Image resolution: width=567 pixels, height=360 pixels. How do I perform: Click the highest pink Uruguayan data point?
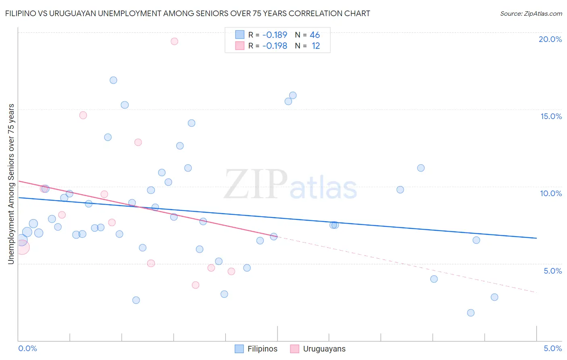tap(174, 41)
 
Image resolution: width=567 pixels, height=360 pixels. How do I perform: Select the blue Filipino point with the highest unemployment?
tap(113, 80)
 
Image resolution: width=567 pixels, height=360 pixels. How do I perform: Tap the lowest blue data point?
tap(471, 313)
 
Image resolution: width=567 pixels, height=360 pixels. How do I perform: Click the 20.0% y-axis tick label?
tap(550, 39)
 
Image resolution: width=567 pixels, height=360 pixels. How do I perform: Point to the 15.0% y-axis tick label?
tap(551, 116)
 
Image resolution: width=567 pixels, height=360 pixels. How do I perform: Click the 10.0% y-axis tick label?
tap(551, 193)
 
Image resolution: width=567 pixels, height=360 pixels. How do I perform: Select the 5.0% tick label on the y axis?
tap(552, 271)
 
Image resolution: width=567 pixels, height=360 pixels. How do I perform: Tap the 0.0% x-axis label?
tap(28, 348)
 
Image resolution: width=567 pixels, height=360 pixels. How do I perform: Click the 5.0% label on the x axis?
tap(552, 348)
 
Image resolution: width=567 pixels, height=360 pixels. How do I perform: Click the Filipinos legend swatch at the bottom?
tap(239, 349)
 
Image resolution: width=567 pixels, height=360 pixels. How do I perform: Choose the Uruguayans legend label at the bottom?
tap(324, 349)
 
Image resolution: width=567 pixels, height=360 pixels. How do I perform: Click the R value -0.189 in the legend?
tap(275, 35)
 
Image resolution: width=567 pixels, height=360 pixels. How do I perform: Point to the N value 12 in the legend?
tap(316, 46)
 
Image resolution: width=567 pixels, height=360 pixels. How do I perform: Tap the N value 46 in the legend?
tap(315, 35)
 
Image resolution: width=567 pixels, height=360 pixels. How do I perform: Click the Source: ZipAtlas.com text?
tap(531, 13)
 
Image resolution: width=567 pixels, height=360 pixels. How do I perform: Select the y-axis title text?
tap(11, 184)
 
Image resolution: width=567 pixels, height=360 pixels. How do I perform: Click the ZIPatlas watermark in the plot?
tap(290, 185)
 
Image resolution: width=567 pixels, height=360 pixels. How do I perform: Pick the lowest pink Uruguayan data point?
tap(196, 285)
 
